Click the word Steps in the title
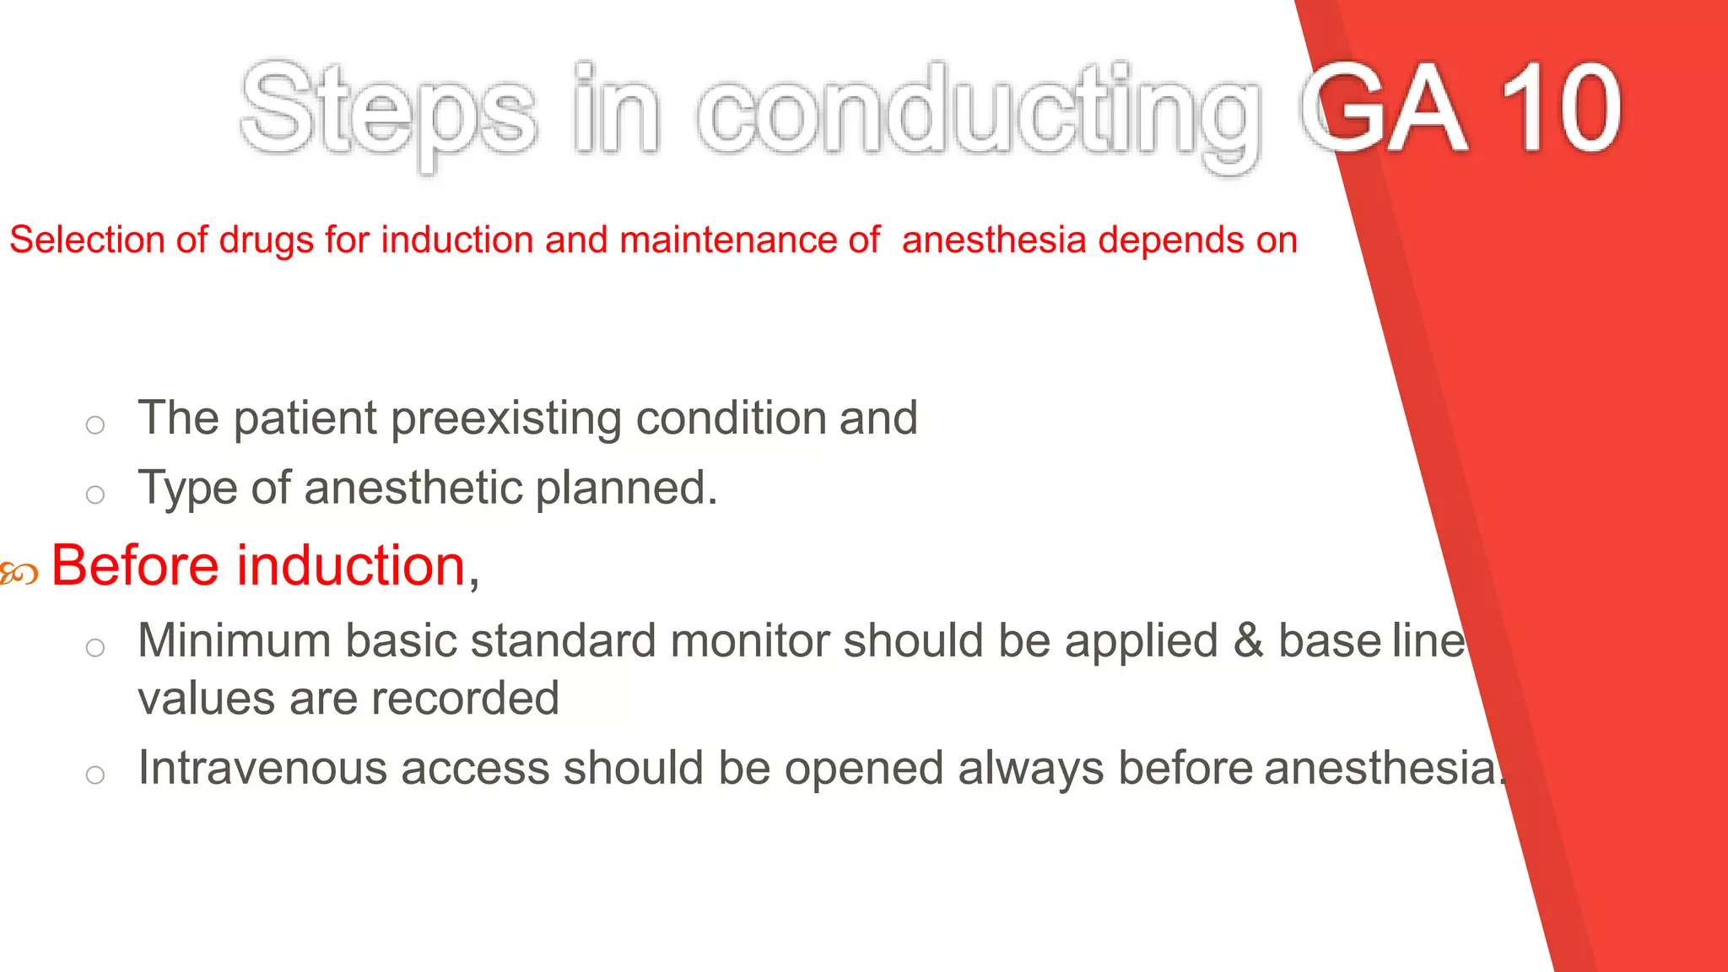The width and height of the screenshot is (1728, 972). coord(388,110)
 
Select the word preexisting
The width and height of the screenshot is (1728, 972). coord(506,418)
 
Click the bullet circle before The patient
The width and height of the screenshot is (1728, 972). coord(95,424)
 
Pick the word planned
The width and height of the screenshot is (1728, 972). coord(626,489)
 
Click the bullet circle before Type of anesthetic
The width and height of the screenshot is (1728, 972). coord(95,494)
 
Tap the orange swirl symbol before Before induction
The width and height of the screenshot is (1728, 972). coord(19,575)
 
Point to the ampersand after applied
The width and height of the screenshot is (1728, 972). coord(1248,640)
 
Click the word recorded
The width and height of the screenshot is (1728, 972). coord(465,699)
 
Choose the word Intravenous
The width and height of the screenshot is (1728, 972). coord(262,769)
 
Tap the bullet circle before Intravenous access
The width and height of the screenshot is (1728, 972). coord(95,775)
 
